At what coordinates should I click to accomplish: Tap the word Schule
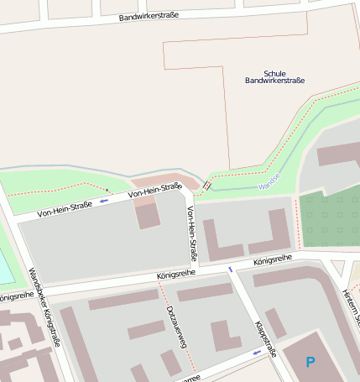274,73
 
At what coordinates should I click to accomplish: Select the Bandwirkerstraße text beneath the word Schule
274,81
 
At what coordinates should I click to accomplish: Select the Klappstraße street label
265,339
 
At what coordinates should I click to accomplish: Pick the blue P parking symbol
310,363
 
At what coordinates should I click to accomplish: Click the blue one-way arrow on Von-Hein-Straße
104,201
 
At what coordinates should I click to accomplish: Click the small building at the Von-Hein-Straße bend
148,215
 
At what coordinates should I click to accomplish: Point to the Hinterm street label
351,306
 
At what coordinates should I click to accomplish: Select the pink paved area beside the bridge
168,180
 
